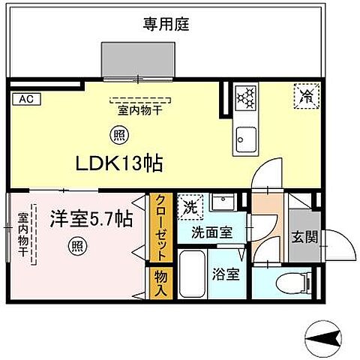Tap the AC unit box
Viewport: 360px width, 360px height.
tap(25, 97)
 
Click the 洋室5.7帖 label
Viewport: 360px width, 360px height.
tap(91, 220)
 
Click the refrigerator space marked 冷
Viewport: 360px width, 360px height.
tap(305, 95)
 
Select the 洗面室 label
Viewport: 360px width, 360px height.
tap(211, 232)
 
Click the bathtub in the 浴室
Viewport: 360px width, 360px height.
tap(193, 274)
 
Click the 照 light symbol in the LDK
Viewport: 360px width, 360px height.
tap(119, 136)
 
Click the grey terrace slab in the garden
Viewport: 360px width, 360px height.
tap(138, 59)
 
